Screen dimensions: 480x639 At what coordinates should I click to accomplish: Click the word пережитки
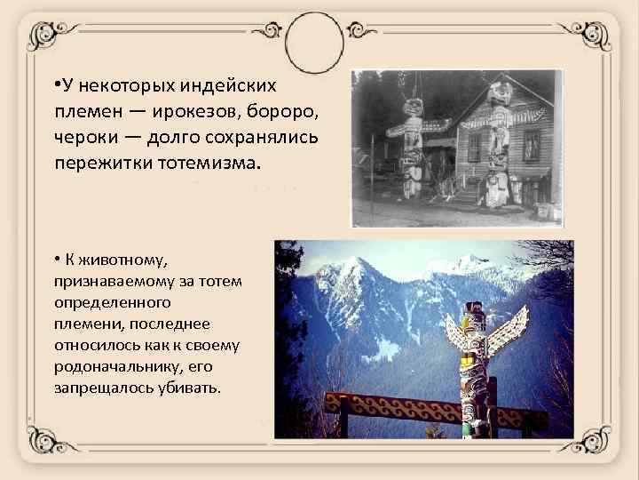click(x=98, y=164)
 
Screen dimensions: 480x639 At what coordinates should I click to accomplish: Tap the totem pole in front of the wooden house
click(x=498, y=147)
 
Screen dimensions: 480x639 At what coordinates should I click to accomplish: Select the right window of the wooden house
click(x=532, y=144)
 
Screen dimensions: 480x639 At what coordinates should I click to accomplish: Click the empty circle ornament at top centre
click(x=319, y=37)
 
